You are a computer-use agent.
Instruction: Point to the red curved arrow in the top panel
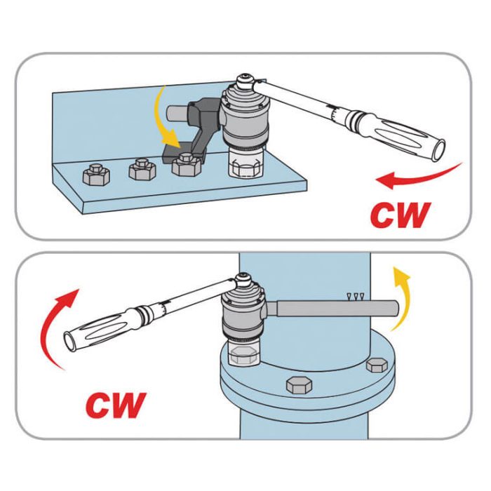(x=419, y=177)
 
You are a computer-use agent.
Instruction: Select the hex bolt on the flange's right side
(x=377, y=365)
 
